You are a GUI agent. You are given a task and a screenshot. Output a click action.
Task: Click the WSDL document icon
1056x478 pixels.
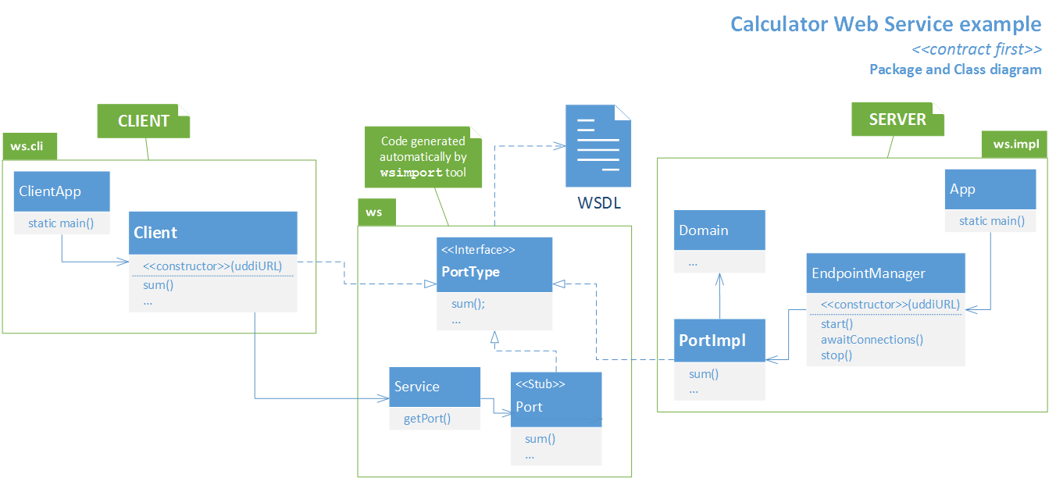(x=598, y=145)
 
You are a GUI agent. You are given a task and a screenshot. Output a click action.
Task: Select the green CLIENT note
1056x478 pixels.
(x=143, y=121)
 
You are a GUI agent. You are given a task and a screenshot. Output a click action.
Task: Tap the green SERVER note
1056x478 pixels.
(x=897, y=119)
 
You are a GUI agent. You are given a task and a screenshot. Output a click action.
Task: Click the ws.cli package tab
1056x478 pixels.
(x=30, y=146)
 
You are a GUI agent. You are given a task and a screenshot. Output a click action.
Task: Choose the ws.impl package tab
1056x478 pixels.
(x=1015, y=144)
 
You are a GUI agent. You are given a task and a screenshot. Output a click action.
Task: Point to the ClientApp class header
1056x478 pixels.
(x=62, y=191)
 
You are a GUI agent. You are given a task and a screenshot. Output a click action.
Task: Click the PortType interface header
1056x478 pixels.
(x=494, y=265)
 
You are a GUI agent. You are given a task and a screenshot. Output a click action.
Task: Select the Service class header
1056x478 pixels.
(x=434, y=387)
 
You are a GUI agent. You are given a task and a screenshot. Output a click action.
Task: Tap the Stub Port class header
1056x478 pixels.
(x=556, y=399)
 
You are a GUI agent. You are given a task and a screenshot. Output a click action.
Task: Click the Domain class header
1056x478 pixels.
(x=719, y=230)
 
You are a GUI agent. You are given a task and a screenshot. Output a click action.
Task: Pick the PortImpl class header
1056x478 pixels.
(x=719, y=341)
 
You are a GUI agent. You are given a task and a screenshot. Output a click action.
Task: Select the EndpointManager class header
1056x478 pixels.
(x=886, y=273)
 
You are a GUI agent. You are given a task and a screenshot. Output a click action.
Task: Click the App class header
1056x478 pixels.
(x=990, y=189)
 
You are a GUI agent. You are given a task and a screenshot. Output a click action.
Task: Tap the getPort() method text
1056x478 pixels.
(x=427, y=419)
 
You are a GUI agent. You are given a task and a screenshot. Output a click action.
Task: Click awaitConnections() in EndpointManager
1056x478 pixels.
(x=872, y=340)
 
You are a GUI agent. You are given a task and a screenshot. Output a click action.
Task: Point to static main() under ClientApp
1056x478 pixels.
(x=61, y=223)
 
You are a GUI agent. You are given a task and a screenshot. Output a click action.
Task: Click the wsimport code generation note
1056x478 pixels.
(x=423, y=157)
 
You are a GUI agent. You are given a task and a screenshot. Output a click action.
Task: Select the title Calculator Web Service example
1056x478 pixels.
(x=886, y=24)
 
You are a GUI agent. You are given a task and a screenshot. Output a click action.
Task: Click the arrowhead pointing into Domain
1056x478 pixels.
(x=719, y=280)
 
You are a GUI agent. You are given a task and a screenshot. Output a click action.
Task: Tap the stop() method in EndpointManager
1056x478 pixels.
(x=837, y=355)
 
